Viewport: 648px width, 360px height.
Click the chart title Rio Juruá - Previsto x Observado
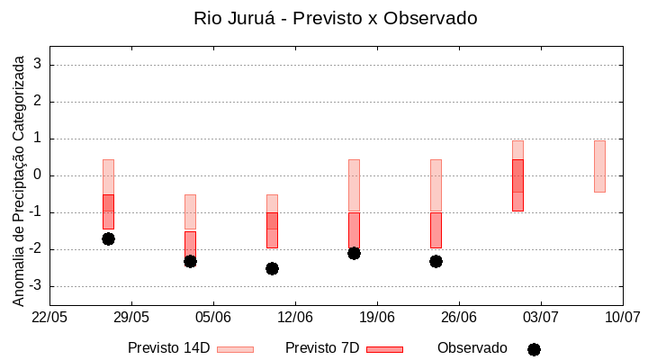click(x=335, y=18)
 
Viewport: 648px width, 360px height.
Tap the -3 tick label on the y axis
click(x=36, y=286)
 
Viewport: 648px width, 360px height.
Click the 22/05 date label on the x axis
click(x=49, y=317)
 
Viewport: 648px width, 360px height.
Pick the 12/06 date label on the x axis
click(x=295, y=317)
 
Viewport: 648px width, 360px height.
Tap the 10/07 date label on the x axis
click(x=622, y=317)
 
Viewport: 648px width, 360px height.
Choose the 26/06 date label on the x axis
click(x=459, y=317)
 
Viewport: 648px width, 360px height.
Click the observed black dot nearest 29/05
click(x=108, y=238)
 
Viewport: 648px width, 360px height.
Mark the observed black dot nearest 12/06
click(x=272, y=268)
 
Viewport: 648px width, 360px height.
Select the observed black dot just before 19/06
click(x=354, y=253)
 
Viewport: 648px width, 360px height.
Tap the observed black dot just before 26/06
click(x=436, y=261)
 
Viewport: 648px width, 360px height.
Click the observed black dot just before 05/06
click(x=190, y=261)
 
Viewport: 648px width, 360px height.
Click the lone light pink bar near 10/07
click(x=599, y=166)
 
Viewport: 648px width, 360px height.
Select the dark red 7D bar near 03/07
click(x=517, y=185)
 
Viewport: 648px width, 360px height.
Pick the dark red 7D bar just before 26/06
click(x=436, y=230)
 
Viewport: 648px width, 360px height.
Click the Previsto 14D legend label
click(x=168, y=348)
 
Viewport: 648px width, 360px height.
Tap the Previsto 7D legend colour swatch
click(x=384, y=349)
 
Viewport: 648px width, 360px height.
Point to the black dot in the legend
click(x=534, y=349)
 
